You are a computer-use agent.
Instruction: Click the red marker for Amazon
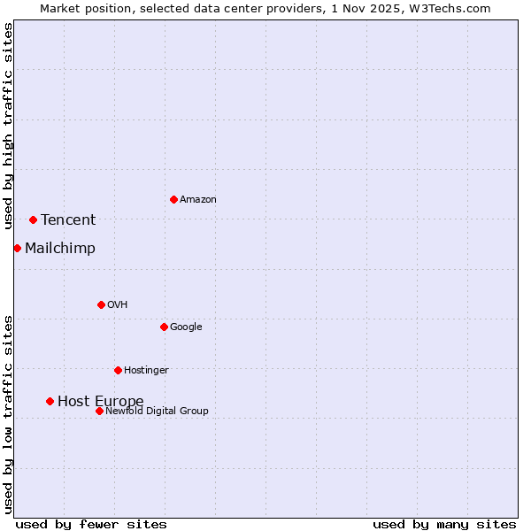pos(173,199)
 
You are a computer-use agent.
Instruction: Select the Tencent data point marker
pos(33,219)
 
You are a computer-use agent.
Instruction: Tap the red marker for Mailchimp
pos(17,248)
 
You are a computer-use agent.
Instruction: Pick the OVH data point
pos(101,304)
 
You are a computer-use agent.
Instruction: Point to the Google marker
pos(164,327)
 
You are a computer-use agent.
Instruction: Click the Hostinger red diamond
pos(118,370)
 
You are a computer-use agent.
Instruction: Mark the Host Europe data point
pos(50,401)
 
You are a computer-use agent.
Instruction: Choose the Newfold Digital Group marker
pos(99,411)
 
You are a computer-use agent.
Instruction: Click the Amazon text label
pos(198,200)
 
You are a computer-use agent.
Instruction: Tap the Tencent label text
pos(68,220)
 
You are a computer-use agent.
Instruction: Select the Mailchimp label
pos(60,249)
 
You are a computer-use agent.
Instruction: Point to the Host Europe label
pos(101,402)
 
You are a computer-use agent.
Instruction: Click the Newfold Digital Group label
pos(158,411)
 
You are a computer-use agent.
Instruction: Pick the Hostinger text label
pos(146,370)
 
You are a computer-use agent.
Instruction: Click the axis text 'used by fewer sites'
pos(91,524)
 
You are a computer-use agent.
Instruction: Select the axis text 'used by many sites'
pos(444,524)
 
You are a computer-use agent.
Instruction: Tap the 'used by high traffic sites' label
pos(8,126)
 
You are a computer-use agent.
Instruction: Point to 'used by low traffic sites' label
pos(8,413)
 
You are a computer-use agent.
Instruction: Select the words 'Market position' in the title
pos(81,8)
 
